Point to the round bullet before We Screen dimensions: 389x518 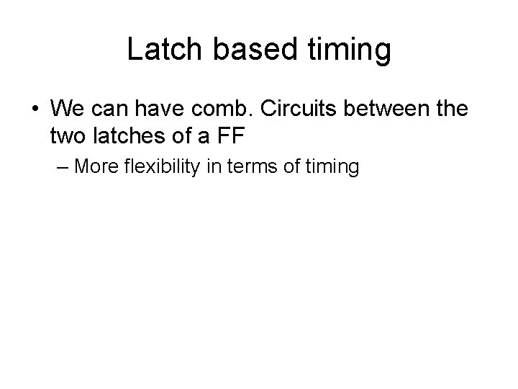coord(35,110)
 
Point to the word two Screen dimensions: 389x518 coord(69,135)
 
